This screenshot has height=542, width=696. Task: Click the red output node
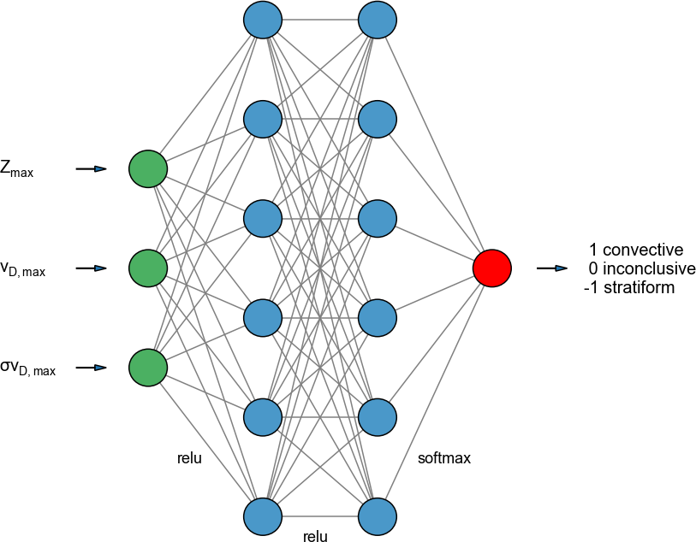(492, 268)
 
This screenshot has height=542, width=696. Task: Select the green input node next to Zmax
(148, 168)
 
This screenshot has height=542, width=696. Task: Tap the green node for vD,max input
(148, 268)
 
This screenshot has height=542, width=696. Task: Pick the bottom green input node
(148, 368)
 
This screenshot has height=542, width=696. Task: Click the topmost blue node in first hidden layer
(263, 19)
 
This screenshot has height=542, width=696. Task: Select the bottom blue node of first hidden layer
(263, 516)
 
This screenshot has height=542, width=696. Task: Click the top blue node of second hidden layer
(378, 19)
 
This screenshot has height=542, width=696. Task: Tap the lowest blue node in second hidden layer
(378, 516)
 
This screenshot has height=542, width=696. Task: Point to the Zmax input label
(17, 170)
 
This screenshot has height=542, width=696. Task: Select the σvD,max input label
(28, 368)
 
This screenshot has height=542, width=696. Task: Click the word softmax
(444, 458)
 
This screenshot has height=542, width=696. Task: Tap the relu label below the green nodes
(189, 458)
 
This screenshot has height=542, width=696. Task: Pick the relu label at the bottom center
(315, 537)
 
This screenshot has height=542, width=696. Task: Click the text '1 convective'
(636, 250)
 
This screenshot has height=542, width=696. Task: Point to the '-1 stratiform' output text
(629, 288)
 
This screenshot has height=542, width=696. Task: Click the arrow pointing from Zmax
(91, 169)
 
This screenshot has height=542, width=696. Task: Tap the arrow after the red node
(552, 268)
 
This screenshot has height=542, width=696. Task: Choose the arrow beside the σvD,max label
(91, 368)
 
